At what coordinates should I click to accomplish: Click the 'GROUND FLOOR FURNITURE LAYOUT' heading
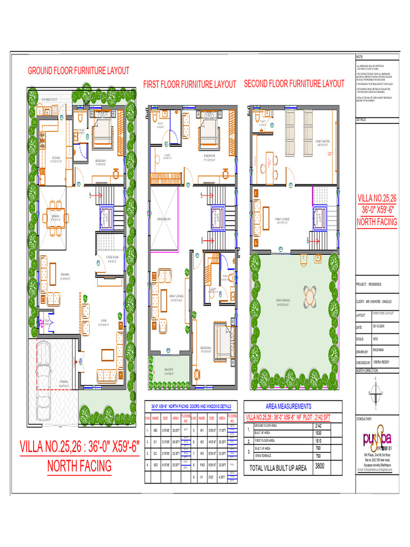78,71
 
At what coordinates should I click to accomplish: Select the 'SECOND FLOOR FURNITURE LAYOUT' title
294,84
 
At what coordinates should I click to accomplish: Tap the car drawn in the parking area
50,372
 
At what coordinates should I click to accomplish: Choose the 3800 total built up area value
320,466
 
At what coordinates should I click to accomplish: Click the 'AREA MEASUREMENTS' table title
288,407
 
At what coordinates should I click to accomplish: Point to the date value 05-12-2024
381,327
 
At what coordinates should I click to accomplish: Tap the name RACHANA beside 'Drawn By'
379,350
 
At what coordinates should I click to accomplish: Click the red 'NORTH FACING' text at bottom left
79,466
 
